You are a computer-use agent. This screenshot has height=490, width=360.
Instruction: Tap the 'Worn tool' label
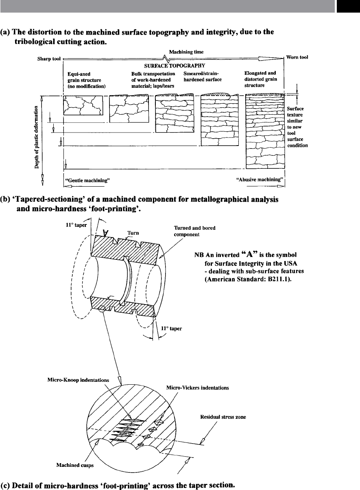(x=297, y=57)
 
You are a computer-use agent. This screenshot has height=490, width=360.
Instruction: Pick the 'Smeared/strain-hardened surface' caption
(x=203, y=77)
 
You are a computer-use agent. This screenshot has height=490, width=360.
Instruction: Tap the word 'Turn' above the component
(x=133, y=233)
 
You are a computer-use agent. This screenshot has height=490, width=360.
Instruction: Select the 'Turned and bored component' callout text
(x=194, y=231)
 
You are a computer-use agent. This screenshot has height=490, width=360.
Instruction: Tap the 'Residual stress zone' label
(x=223, y=417)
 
